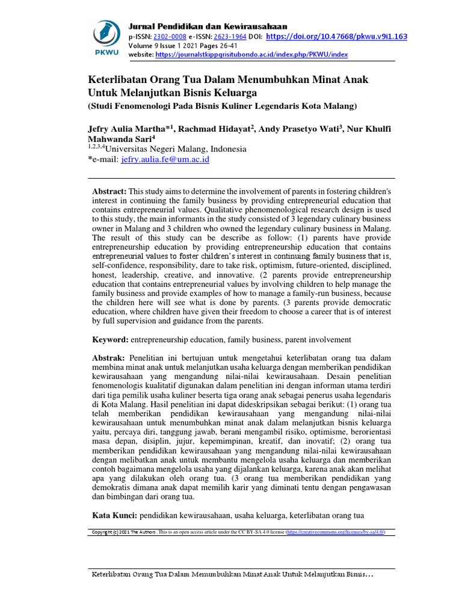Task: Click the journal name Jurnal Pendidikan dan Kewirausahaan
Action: [208, 26]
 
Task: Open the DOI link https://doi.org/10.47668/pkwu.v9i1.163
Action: [336, 36]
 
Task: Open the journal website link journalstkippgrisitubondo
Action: [251, 55]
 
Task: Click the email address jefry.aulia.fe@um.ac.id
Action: [165, 160]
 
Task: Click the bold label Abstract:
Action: [109, 191]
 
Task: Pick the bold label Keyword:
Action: [110, 340]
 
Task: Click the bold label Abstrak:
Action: [108, 358]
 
